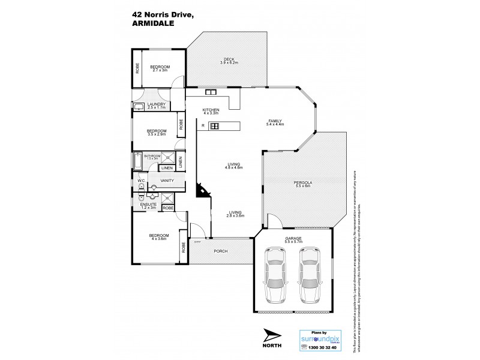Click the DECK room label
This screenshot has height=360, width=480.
[x=229, y=58]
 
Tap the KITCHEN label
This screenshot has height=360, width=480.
[x=211, y=110]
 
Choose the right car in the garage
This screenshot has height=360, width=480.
[x=310, y=274]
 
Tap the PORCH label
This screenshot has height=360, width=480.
[x=221, y=251]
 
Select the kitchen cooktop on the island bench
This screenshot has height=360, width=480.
[x=215, y=125]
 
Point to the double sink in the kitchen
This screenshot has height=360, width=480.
[x=211, y=92]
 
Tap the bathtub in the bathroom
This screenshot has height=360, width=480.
[x=138, y=161]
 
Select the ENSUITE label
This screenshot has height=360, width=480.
[x=149, y=203]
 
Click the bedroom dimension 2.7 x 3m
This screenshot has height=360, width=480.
[x=160, y=70]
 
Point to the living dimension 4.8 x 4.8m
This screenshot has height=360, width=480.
[x=234, y=167]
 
